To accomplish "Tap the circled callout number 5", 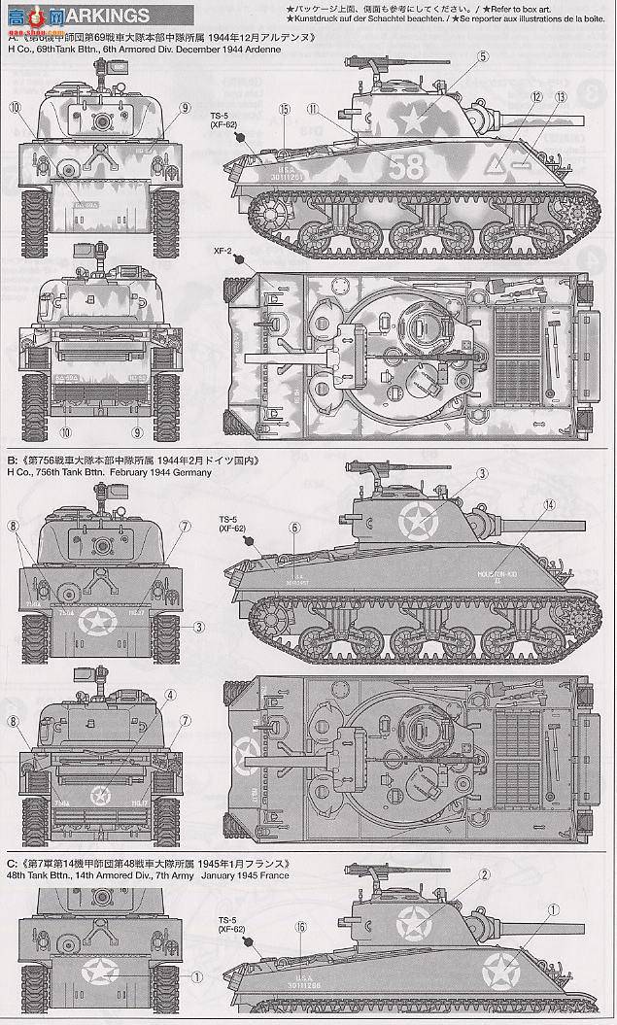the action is tap(483, 57).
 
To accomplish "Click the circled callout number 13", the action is tap(561, 97).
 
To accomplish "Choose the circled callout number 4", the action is tap(170, 695).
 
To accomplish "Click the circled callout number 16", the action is tap(301, 927).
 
